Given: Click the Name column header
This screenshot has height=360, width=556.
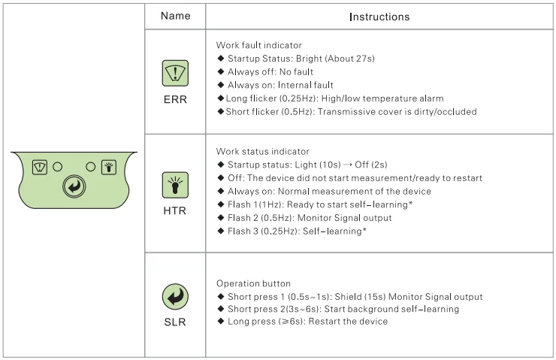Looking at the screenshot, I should tap(175, 16).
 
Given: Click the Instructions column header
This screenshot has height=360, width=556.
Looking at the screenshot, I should tap(379, 16).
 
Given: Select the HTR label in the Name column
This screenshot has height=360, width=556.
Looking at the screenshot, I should tap(175, 210).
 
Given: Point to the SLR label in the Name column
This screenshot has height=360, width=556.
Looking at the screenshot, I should tap(175, 322).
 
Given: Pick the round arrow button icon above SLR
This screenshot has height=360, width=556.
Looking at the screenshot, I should tap(175, 298).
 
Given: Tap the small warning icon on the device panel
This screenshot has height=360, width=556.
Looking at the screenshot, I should tap(38, 166).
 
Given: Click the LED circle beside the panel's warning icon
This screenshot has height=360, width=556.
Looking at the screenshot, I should tap(56, 166).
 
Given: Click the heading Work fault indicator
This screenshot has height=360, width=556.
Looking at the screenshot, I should tap(258, 45).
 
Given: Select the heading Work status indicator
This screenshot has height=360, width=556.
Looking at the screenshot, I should tap(262, 152).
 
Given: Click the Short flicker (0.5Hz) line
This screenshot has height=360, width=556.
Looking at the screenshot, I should tap(350, 112).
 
